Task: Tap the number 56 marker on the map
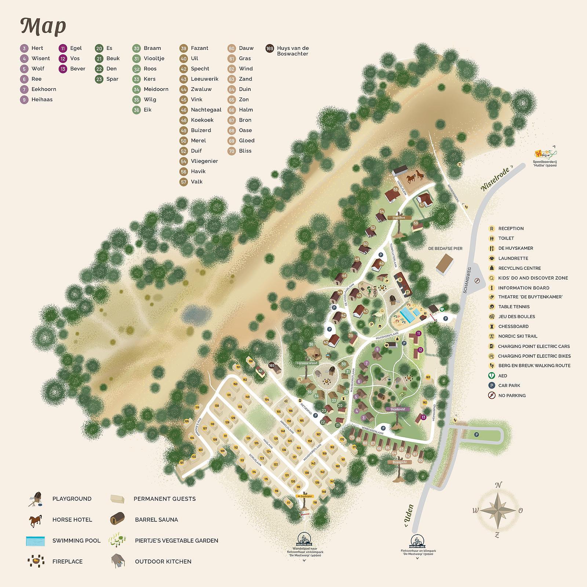(395, 189)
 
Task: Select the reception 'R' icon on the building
(401, 280)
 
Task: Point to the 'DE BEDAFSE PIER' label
(445, 248)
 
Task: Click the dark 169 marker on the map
(271, 365)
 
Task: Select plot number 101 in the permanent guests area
(182, 463)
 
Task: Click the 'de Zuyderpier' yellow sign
(305, 496)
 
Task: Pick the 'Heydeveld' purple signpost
(397, 409)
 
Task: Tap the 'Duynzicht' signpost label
(400, 462)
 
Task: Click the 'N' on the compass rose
(498, 485)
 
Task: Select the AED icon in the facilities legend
(492, 376)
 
